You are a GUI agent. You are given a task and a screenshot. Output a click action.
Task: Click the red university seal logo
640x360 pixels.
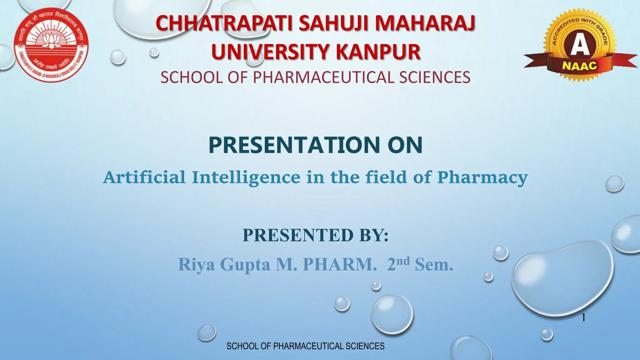(51, 45)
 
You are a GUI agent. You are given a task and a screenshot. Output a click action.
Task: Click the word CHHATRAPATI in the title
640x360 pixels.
(224, 24)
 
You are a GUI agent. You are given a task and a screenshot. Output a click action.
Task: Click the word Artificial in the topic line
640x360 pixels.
(144, 177)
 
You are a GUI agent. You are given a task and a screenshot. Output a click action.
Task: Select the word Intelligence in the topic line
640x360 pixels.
(246, 177)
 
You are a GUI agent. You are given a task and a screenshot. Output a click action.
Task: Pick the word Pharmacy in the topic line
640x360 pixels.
(482, 177)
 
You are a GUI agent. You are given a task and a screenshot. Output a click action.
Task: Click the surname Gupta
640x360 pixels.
(245, 264)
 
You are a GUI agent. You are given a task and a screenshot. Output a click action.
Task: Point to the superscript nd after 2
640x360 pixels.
(403, 260)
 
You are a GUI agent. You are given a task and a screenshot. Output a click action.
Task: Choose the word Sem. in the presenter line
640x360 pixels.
(434, 264)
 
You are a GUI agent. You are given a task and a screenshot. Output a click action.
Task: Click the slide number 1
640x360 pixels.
(583, 318)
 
